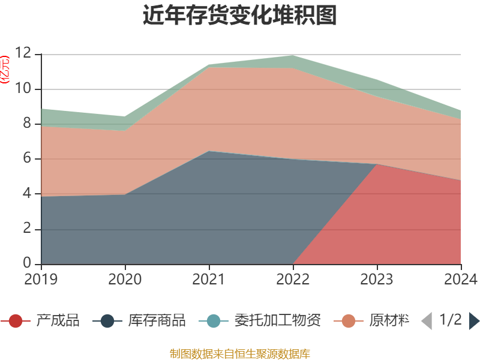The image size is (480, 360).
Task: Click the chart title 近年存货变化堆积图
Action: click(240, 16)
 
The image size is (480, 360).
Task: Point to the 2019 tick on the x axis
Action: click(41, 280)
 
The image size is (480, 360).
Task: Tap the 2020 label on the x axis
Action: click(125, 280)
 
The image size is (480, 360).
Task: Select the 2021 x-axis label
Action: click(209, 280)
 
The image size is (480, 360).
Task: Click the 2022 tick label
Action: click(293, 280)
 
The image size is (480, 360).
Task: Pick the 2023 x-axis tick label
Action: click(377, 280)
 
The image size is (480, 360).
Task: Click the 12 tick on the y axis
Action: click(23, 53)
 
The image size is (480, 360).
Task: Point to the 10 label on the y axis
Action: click(23, 89)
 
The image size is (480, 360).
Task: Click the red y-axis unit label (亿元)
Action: click(5, 69)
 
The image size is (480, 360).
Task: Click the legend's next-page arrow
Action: click(474, 321)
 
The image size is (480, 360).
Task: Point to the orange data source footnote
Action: click(240, 353)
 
